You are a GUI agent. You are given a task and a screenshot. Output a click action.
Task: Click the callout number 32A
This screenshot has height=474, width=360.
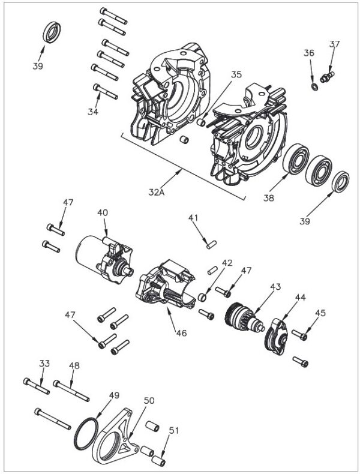click(x=157, y=193)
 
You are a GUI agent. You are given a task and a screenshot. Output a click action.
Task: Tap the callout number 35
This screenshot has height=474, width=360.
click(x=236, y=75)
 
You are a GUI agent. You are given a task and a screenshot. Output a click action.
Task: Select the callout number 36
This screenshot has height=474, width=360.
click(x=309, y=53)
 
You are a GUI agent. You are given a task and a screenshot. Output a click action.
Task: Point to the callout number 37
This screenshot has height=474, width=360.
click(x=335, y=44)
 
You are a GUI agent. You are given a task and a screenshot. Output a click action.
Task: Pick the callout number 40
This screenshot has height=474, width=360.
click(x=103, y=212)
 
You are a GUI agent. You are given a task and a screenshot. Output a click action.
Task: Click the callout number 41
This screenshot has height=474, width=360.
click(x=193, y=218)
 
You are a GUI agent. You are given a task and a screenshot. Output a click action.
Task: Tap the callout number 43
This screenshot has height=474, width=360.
click(x=275, y=287)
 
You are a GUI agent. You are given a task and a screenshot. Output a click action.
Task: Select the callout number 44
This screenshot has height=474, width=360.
click(x=300, y=298)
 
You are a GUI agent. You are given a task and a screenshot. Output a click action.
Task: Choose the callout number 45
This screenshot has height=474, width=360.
click(x=320, y=313)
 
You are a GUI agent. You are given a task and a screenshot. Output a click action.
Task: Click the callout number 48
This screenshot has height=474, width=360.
click(x=74, y=365)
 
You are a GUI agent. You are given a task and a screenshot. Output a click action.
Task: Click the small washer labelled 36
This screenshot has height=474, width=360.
click(x=314, y=88)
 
